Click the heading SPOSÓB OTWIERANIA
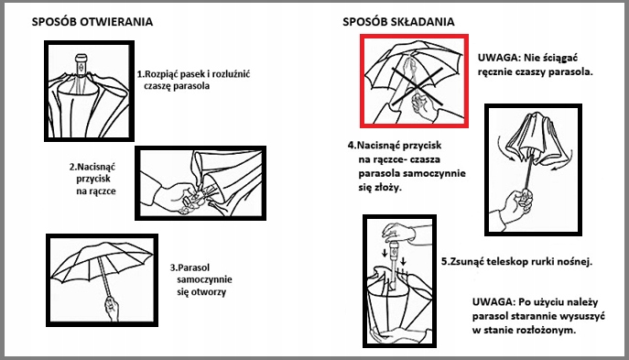(x=92, y=22)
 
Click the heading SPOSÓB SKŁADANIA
(x=398, y=22)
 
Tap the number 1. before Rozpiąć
(x=140, y=74)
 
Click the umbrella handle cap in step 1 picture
(x=81, y=58)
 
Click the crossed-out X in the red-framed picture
(x=418, y=85)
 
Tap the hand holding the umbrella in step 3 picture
(x=112, y=308)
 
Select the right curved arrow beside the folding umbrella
(x=563, y=158)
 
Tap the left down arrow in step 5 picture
(x=385, y=253)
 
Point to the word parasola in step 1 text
(x=193, y=86)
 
